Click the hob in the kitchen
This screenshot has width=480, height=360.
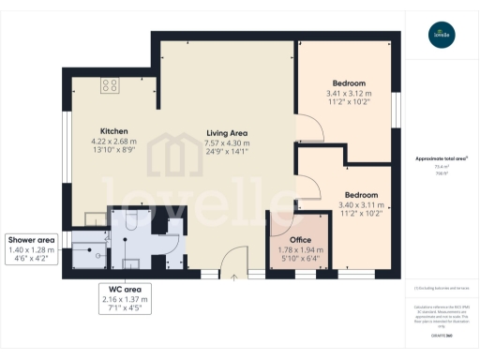click(x=109, y=85)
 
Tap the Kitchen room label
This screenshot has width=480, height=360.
click(x=114, y=130)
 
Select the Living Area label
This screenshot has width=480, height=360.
click(x=228, y=134)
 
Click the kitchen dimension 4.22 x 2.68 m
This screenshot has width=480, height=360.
click(x=114, y=142)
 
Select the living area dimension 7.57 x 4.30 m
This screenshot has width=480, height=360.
click(x=228, y=144)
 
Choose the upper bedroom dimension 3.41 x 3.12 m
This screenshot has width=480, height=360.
click(x=348, y=93)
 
